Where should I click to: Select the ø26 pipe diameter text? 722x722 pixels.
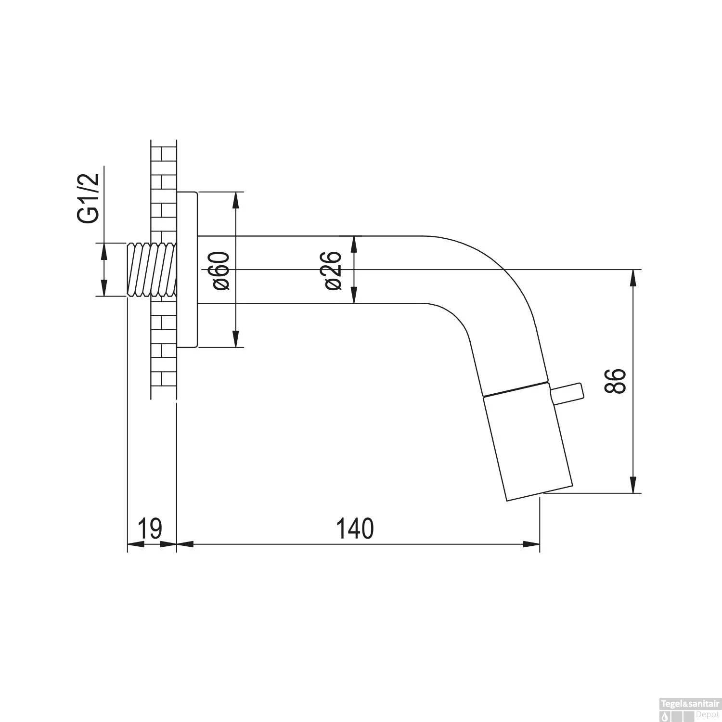[333, 271]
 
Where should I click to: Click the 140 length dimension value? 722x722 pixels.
[355, 529]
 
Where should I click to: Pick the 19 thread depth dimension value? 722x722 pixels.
[150, 529]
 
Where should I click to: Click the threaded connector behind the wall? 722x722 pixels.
[151, 270]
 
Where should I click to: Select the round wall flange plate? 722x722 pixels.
[187, 270]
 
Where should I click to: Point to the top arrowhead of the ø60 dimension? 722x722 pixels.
[235, 199]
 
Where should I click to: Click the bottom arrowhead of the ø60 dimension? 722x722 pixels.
[235, 339]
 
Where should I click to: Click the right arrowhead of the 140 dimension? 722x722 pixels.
[532, 544]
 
